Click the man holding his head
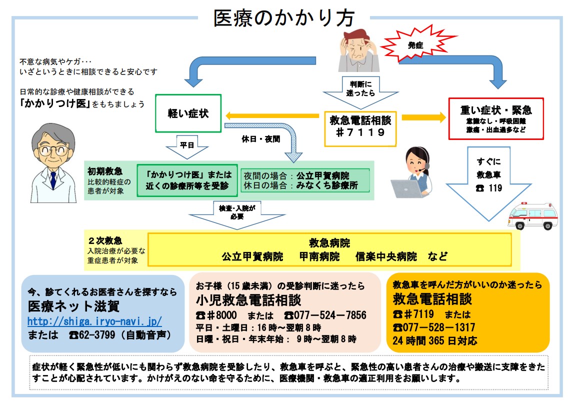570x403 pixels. (x=358, y=50)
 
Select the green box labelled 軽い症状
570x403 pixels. (x=188, y=114)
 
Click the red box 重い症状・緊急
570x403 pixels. (x=495, y=118)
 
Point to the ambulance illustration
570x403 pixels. (x=533, y=214)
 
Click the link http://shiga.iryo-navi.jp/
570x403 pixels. (x=94, y=321)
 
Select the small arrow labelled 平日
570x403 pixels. (x=186, y=147)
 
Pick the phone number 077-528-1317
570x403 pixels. (x=434, y=327)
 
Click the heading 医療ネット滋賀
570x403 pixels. (x=74, y=305)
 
